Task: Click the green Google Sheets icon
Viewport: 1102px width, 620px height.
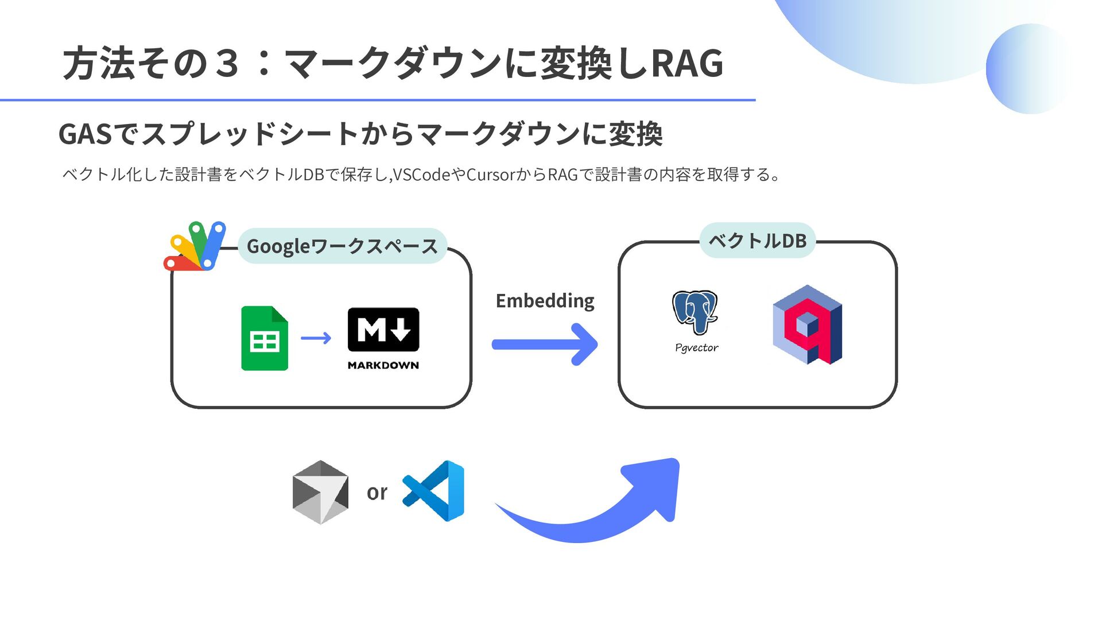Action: click(265, 339)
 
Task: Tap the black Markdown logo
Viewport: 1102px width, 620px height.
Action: click(383, 330)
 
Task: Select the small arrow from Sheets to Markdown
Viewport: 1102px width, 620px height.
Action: click(316, 338)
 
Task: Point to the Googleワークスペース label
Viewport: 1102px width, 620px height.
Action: click(342, 246)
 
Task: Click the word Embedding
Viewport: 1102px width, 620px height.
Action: click(545, 301)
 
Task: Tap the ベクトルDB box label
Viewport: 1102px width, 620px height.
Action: click(757, 241)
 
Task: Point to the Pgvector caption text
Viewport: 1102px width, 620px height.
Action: click(696, 348)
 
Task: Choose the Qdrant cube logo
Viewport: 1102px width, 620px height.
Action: click(807, 325)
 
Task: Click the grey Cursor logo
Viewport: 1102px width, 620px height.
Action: click(320, 492)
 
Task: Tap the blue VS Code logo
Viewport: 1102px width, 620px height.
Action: click(434, 491)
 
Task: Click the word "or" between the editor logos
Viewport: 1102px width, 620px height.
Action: click(377, 492)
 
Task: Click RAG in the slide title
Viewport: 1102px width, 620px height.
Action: click(686, 63)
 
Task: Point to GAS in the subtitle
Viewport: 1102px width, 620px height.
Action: click(85, 134)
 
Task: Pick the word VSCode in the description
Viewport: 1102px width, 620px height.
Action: click(422, 175)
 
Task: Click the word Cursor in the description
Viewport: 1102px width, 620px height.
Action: click(491, 175)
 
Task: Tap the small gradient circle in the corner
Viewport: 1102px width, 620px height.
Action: click(1030, 69)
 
